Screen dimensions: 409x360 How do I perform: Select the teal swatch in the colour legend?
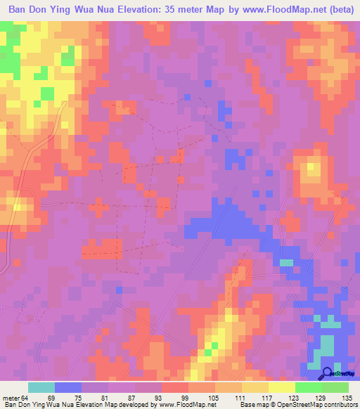(x=41, y=387)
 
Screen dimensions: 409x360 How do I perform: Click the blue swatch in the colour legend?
(x=68, y=387)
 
